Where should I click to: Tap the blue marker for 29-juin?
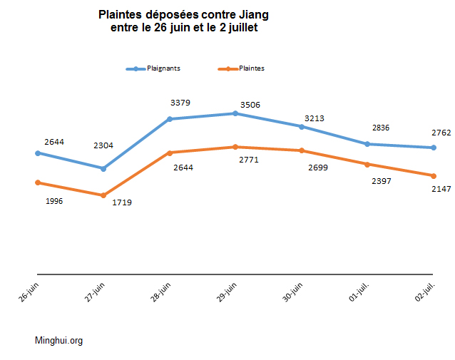235,113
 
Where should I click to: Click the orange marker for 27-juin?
103,195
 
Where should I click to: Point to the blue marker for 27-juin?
103,169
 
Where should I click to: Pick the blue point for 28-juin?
169,119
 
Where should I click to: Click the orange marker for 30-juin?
302,150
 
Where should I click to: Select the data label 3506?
250,105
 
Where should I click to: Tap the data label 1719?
122,202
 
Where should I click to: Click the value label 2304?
103,145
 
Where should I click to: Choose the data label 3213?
315,118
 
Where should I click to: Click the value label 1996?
53,201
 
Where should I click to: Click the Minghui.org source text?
58,341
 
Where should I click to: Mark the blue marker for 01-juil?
367,144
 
